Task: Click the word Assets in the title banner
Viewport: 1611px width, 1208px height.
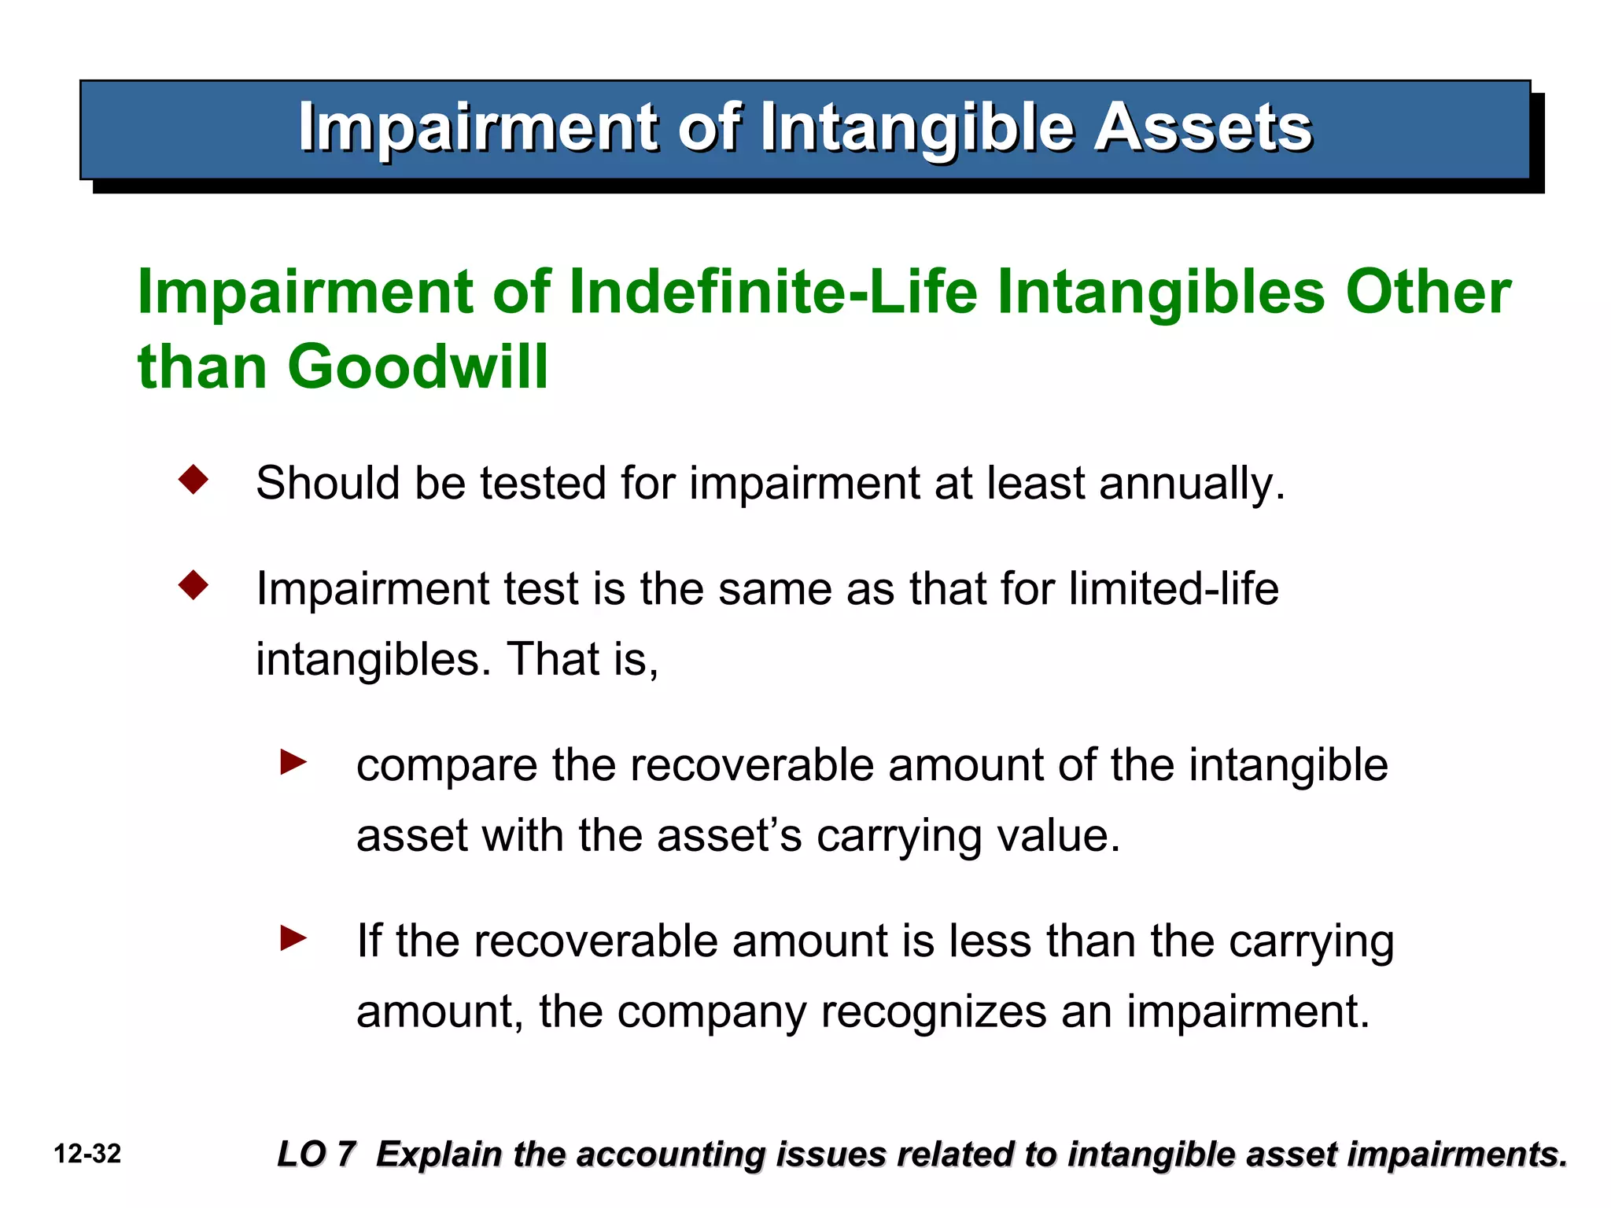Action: [x=1203, y=127]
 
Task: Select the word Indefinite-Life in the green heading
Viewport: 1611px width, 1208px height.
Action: [x=772, y=292]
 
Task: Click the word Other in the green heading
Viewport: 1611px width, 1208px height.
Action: [x=1427, y=292]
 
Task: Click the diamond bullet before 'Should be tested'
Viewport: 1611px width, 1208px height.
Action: [x=194, y=480]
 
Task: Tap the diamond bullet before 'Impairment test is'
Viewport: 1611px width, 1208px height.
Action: [x=194, y=586]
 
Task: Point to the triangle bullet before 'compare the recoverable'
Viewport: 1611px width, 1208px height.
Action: [x=293, y=761]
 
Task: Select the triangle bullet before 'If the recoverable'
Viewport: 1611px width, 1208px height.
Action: [x=293, y=937]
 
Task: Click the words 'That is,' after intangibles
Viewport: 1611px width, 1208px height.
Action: [x=582, y=659]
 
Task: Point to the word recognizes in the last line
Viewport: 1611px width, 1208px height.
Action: [x=933, y=1012]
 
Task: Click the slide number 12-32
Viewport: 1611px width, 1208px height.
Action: [x=87, y=1155]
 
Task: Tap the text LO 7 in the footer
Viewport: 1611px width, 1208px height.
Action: [x=316, y=1155]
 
